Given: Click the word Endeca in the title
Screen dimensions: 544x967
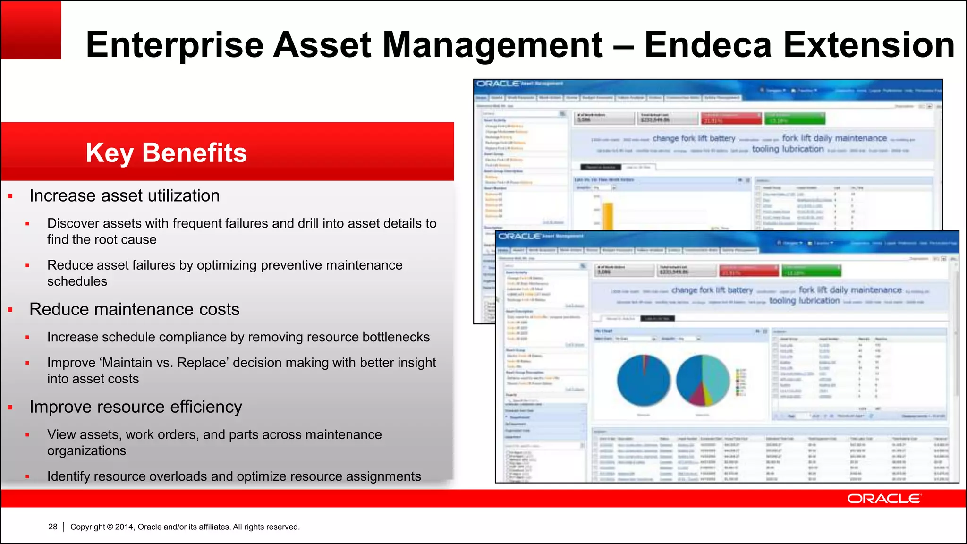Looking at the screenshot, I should [x=708, y=45].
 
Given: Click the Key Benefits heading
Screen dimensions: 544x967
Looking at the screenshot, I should [x=166, y=153].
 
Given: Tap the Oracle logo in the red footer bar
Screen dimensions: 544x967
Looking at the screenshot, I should [x=883, y=499].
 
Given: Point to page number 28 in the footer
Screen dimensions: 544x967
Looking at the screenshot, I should [x=52, y=527].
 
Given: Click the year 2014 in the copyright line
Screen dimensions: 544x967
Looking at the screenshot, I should [x=124, y=527].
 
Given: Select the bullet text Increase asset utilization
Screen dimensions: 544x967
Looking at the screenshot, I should [x=124, y=195].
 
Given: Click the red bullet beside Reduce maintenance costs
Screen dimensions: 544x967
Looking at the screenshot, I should [x=10, y=310].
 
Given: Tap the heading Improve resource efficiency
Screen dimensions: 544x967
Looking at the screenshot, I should [x=136, y=407].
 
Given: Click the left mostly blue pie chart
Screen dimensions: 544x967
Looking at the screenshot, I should [x=643, y=381].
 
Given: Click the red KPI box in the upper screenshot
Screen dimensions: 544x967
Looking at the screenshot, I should [x=730, y=119].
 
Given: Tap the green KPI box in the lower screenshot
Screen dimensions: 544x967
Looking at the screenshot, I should [x=811, y=271].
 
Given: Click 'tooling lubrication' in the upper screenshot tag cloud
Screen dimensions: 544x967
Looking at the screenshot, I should [x=788, y=149].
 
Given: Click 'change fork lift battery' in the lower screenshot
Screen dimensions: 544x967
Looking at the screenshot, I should [x=712, y=290].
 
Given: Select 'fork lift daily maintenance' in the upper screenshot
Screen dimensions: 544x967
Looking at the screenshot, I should [x=834, y=138].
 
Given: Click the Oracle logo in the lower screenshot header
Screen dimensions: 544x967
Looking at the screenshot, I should [x=519, y=236].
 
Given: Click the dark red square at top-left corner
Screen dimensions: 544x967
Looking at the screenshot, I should [x=31, y=30].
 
